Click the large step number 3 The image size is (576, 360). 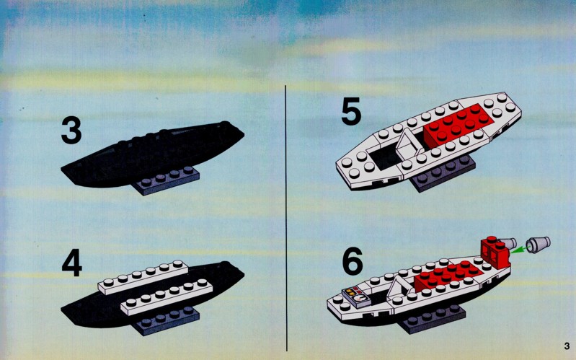pyautogui.click(x=71, y=130)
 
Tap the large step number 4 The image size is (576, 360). pyautogui.click(x=71, y=263)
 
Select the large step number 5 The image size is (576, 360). pyautogui.click(x=351, y=111)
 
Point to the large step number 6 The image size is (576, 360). pyautogui.click(x=353, y=260)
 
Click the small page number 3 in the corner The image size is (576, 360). pyautogui.click(x=567, y=346)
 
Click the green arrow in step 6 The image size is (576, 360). pyautogui.click(x=519, y=250)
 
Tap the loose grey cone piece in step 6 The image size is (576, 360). pyautogui.click(x=538, y=244)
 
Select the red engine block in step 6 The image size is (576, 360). pyautogui.click(x=495, y=252)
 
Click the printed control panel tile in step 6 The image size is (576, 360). pyautogui.click(x=357, y=297)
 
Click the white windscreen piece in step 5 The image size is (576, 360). pyautogui.click(x=409, y=144)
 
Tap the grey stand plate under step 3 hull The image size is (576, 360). pyautogui.click(x=166, y=180)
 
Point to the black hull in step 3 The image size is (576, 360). pyautogui.click(x=152, y=154)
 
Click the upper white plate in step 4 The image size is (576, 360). pyautogui.click(x=143, y=278)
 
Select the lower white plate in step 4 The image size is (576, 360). pyautogui.click(x=167, y=297)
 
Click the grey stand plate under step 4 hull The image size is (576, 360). pyautogui.click(x=166, y=320)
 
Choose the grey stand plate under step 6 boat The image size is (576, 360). pyautogui.click(x=433, y=318)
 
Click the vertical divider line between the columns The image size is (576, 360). pyautogui.click(x=286, y=218)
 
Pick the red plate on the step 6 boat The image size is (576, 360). pyautogui.click(x=448, y=275)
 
